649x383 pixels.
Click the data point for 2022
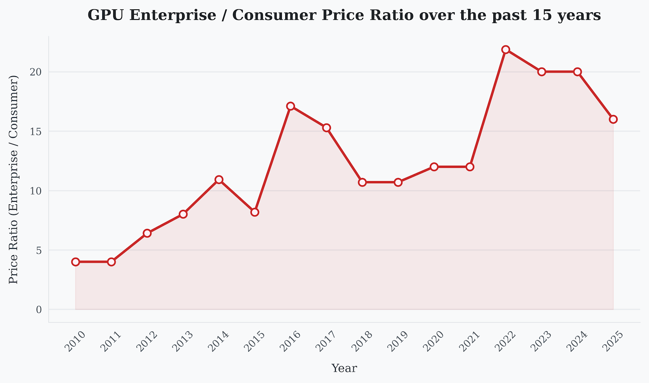pyautogui.click(x=505, y=49)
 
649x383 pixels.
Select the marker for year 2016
pyautogui.click(x=290, y=106)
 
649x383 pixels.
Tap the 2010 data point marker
pyautogui.click(x=75, y=262)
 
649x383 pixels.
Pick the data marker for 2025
pyautogui.click(x=613, y=119)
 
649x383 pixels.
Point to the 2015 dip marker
pyautogui.click(x=255, y=212)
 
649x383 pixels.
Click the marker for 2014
pyautogui.click(x=219, y=180)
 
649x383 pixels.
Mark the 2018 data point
pyautogui.click(x=362, y=182)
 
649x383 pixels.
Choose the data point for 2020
pyautogui.click(x=434, y=167)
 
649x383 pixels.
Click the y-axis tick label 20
pyautogui.click(x=37, y=72)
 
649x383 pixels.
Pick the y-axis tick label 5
pyautogui.click(x=39, y=250)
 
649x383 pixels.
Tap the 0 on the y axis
pyautogui.click(x=39, y=310)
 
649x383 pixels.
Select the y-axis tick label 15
pyautogui.click(x=37, y=132)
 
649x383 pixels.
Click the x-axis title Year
pyautogui.click(x=344, y=368)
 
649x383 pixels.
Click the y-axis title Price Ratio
pyautogui.click(x=14, y=179)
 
